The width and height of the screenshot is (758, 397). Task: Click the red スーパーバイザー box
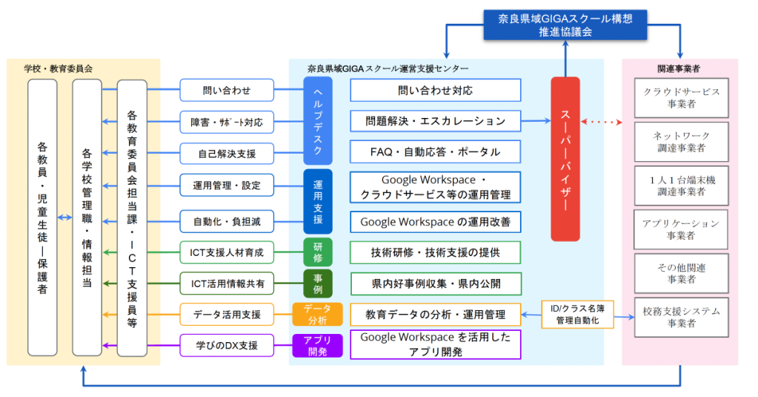pos(565,159)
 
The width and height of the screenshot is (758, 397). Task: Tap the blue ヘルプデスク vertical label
pos(317,120)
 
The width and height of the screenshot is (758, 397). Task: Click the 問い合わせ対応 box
pos(435,91)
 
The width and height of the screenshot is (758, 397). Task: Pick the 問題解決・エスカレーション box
pos(435,121)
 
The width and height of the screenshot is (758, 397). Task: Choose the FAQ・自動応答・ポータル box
pos(435,152)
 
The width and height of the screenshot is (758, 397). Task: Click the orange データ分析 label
pos(317,314)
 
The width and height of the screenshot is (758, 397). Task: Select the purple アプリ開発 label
pos(317,345)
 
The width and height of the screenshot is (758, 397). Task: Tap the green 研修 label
pos(317,252)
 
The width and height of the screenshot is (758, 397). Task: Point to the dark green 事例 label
pos(317,283)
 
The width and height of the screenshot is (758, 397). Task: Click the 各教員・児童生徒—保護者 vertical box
pos(42,217)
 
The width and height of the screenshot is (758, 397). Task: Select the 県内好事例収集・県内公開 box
pos(435,283)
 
